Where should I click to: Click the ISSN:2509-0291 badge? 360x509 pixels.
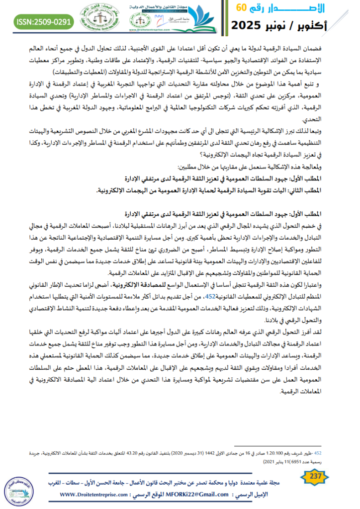(44, 21)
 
